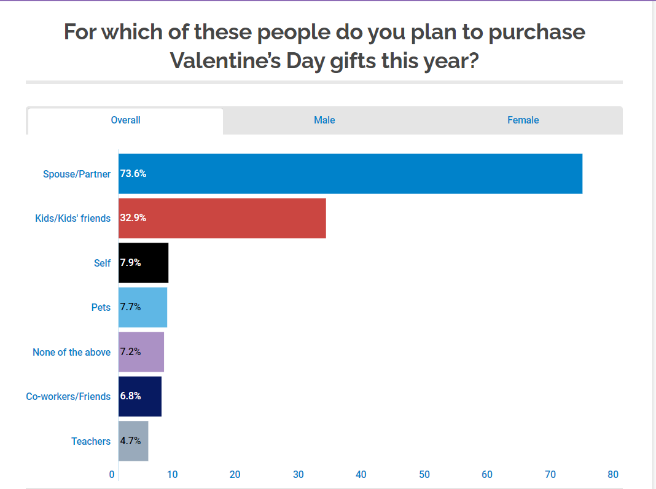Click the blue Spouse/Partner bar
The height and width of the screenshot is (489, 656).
pos(350,174)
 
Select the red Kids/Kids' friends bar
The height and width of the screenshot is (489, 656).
pos(222,218)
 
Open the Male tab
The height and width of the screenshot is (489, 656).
pos(324,120)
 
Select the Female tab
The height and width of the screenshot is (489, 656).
pos(523,120)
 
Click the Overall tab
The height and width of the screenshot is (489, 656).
pos(125,120)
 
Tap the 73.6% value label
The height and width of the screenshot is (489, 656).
pos(133,174)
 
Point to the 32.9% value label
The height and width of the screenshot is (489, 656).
pos(133,218)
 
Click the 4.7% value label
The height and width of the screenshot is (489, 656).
pos(131,441)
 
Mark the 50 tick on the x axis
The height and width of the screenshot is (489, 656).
pos(424,474)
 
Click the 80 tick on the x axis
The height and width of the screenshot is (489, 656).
pos(612,474)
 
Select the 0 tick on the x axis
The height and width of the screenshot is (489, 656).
pos(112,474)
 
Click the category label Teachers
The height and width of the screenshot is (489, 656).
pos(91,441)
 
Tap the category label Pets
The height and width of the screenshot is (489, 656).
pos(101,307)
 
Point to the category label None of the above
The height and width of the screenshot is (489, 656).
pos(71,352)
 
